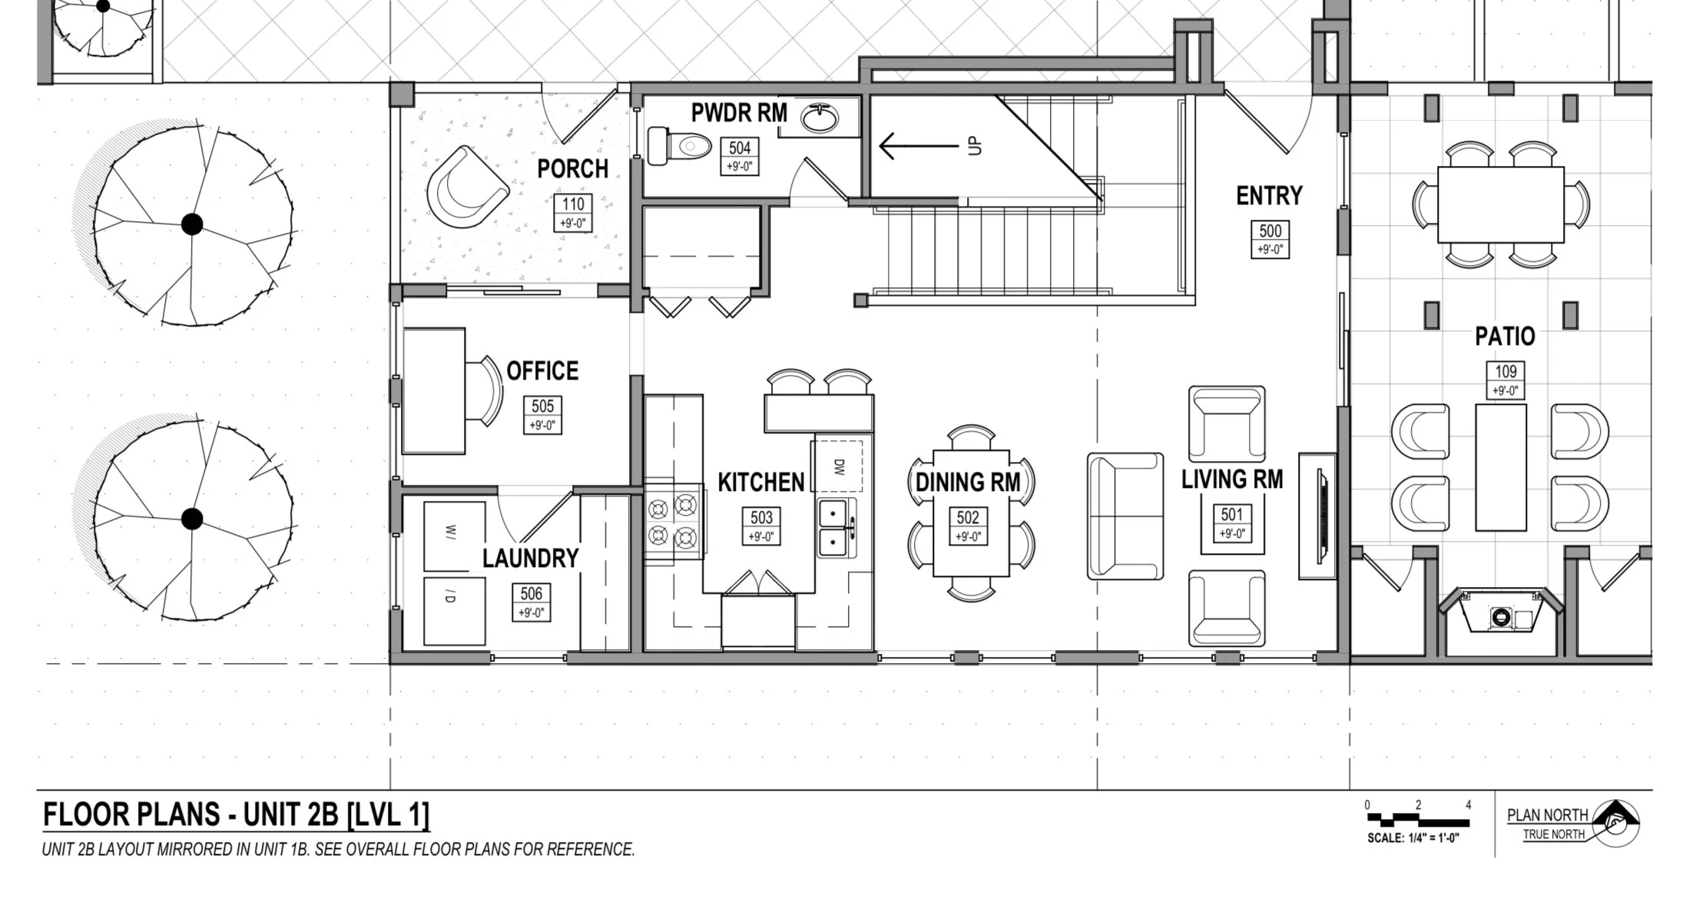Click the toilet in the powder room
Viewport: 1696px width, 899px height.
680,146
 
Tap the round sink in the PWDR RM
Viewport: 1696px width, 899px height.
820,118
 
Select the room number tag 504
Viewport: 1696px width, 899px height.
740,157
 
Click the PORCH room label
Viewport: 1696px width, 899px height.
573,169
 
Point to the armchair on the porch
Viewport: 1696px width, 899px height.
467,187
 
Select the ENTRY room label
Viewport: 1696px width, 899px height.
1269,196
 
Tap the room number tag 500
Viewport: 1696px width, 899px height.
1270,239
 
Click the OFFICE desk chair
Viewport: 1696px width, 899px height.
484,390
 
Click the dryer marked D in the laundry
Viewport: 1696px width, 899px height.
454,611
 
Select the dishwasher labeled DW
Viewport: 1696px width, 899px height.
839,466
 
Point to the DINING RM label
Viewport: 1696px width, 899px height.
968,483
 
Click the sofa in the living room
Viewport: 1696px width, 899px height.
1125,516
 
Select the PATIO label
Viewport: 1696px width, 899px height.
1505,337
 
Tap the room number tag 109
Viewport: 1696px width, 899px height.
1506,380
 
